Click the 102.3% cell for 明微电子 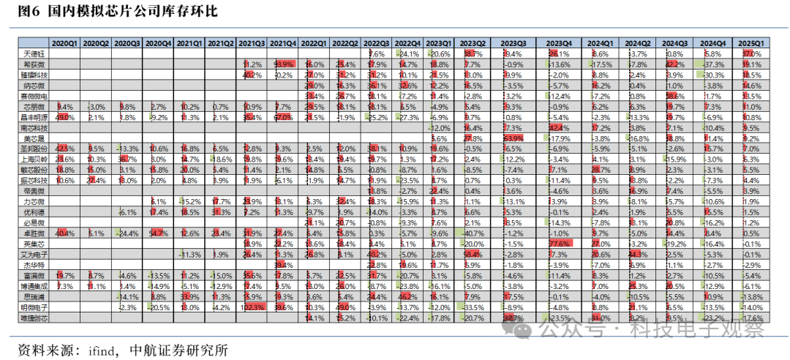tap(252, 308)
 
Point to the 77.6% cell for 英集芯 tap(560, 243)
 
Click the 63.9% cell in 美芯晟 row tap(512, 138)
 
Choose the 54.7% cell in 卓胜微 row tap(159, 232)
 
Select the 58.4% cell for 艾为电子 tap(473, 253)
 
